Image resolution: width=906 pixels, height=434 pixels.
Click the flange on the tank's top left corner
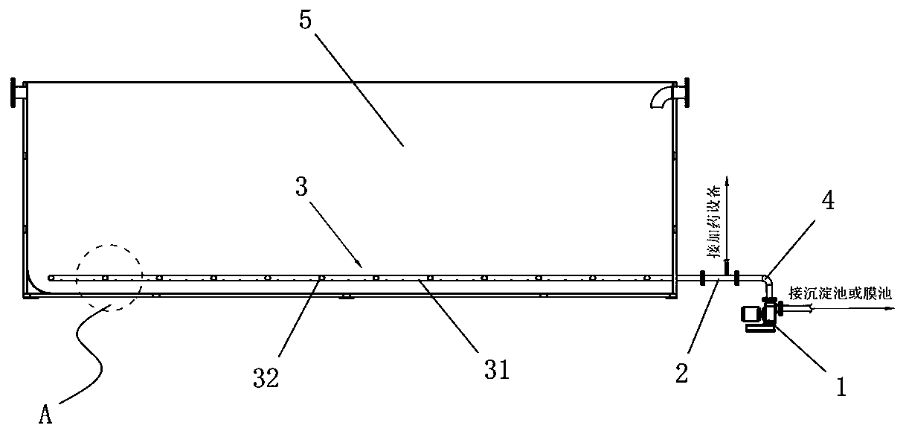[x=15, y=92]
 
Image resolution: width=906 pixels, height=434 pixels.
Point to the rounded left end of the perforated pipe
[x=50, y=278]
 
